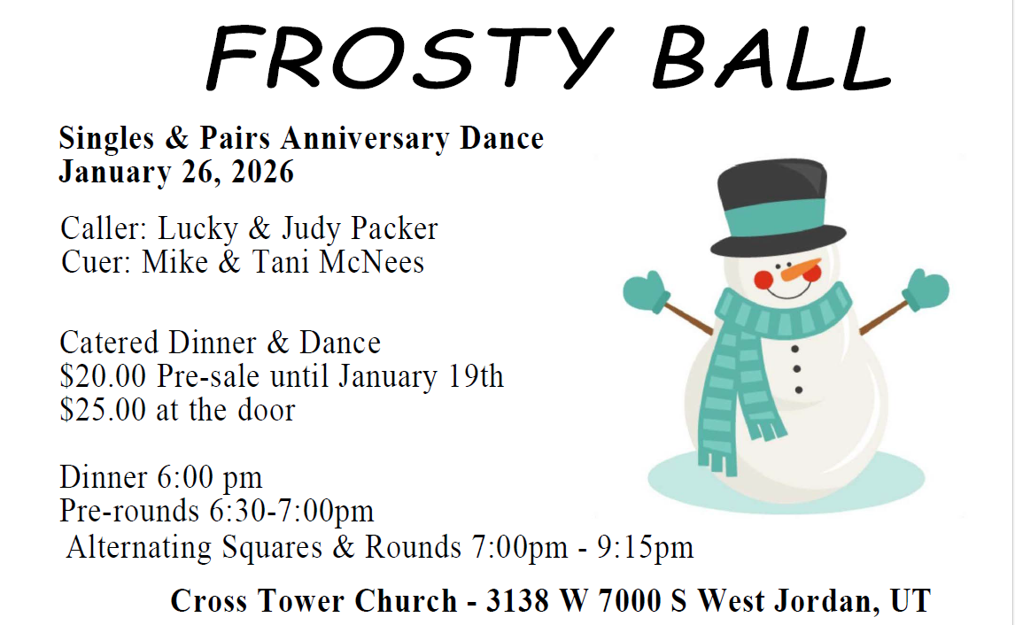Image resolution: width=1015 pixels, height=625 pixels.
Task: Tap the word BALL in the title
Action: pyautogui.click(x=772, y=58)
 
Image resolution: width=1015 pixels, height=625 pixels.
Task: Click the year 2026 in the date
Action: pyautogui.click(x=262, y=172)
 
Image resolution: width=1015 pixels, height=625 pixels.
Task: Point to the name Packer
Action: pyautogui.click(x=394, y=229)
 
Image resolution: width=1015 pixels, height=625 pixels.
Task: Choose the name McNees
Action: pyautogui.click(x=374, y=262)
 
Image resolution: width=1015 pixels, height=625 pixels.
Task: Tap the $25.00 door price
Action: pyautogui.click(x=103, y=410)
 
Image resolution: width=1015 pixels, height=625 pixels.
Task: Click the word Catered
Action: pyautogui.click(x=109, y=343)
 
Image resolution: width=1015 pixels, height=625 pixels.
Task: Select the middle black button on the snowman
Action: pyautogui.click(x=796, y=369)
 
